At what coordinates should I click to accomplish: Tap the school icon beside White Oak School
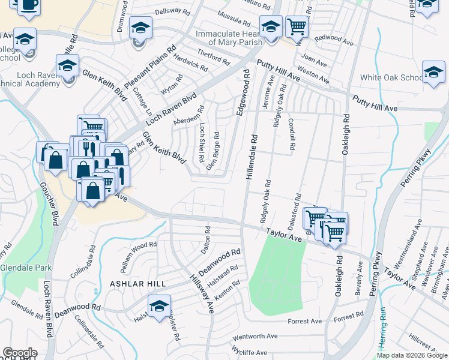(433, 72)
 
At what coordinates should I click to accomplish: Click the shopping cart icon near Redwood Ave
(296, 26)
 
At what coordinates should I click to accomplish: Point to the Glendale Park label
(25, 268)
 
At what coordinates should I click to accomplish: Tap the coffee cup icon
(28, 5)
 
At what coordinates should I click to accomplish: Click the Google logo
(20, 353)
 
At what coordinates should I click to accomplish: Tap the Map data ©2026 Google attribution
(411, 355)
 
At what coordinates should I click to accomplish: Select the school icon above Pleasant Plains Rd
(140, 28)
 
